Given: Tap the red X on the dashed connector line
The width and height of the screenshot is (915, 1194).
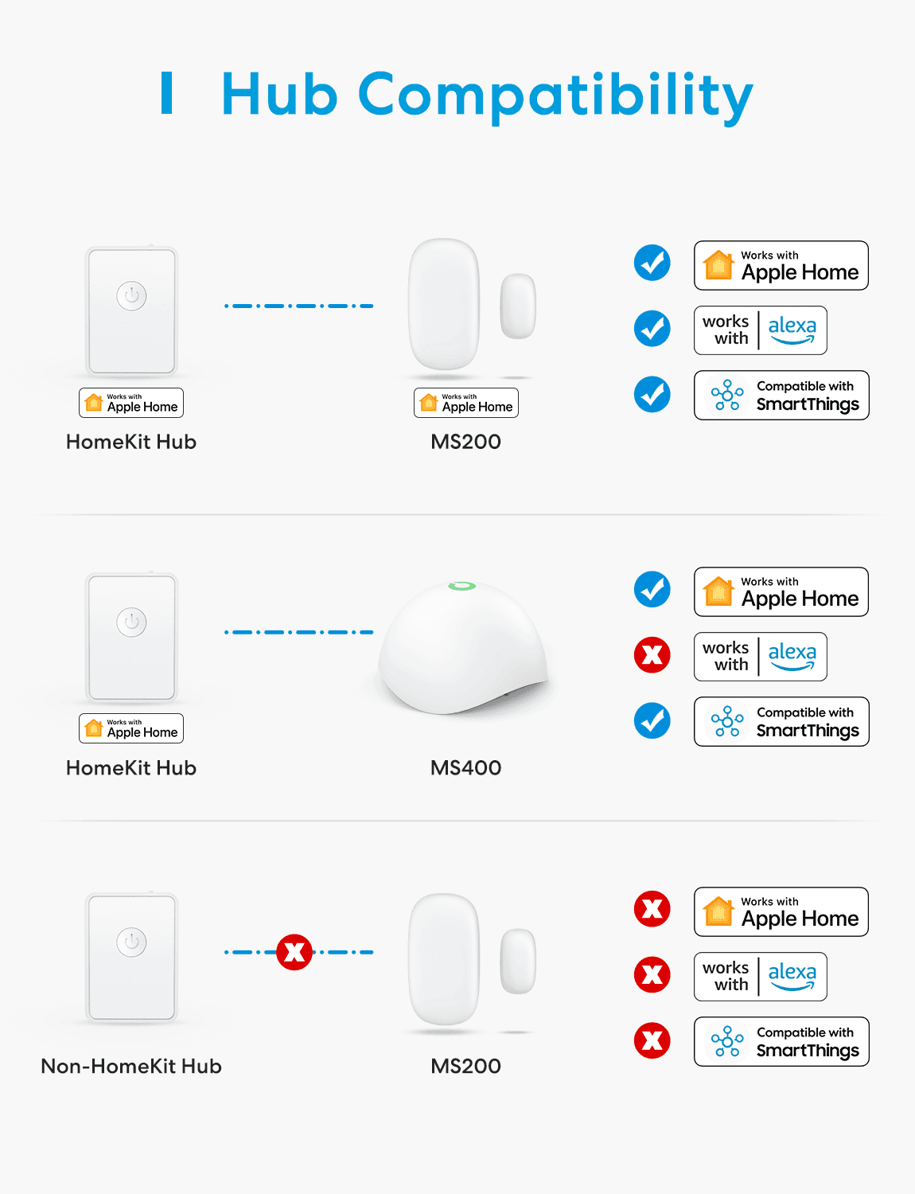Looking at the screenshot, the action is coord(294,952).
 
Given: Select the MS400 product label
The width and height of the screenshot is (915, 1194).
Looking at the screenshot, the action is coord(465,767).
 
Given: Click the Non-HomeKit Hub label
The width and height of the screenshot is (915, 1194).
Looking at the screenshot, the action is coord(131,1066).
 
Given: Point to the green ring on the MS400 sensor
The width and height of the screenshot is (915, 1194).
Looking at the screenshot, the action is coord(462,586).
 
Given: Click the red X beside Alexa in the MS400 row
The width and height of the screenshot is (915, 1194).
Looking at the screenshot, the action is coord(652,655).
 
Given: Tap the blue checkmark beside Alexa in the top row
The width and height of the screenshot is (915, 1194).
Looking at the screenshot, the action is coord(652,329).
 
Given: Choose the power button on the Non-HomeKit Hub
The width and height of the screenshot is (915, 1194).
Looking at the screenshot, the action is coord(131,942).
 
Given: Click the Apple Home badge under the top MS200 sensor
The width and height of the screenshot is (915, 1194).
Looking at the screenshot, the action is coord(465,403).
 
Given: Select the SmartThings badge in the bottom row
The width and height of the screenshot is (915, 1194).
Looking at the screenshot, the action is coord(781,1042).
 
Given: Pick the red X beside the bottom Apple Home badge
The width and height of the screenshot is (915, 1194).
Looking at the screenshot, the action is coord(652,909).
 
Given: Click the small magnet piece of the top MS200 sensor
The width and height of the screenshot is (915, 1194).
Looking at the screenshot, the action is coord(518,306).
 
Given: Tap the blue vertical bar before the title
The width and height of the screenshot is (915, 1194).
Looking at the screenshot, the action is coord(167,93).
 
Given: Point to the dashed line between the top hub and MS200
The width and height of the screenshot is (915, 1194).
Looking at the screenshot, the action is coord(299,306).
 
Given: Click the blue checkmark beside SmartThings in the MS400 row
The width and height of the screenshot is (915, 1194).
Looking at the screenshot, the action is coord(652,720).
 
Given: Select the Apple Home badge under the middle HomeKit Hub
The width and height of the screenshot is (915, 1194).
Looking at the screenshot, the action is coord(131,728).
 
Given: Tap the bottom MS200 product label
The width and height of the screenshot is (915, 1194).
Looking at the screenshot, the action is coord(465,1066).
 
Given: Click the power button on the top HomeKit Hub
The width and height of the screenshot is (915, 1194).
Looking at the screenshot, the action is coord(131,295).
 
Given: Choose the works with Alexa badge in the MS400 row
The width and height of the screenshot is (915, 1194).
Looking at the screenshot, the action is coord(760,657).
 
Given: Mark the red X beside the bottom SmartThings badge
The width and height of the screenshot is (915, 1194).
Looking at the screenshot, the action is coord(652,1040).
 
